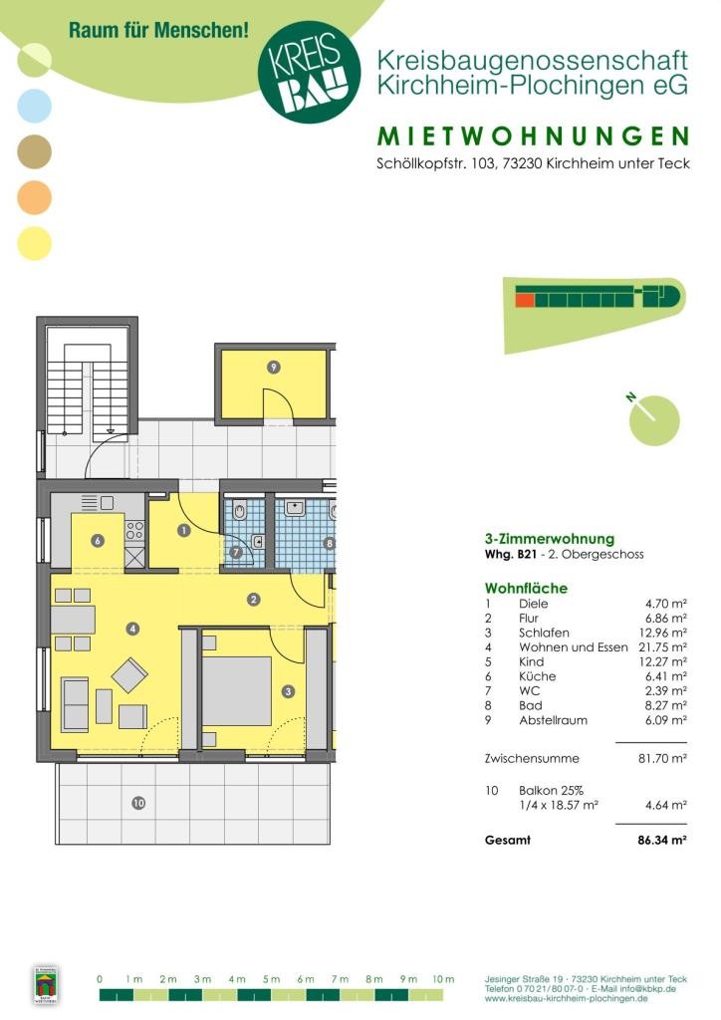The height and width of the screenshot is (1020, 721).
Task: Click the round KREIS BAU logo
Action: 309,71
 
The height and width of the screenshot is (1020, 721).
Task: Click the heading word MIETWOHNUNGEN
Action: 533,135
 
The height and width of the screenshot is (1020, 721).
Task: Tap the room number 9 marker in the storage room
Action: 274,368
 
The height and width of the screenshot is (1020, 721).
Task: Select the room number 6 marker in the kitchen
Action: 98,541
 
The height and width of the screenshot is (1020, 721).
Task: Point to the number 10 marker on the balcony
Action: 138,804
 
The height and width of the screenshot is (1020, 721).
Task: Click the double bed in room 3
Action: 236,691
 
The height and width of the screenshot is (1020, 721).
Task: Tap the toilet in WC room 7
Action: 239,512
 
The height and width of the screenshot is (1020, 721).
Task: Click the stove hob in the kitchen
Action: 134,530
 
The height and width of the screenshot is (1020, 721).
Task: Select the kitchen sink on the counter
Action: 98,503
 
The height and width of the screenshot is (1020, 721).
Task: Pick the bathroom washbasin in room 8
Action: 295,507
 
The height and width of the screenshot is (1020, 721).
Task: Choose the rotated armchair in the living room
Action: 129,675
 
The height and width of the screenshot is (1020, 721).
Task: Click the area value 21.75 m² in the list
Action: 662,647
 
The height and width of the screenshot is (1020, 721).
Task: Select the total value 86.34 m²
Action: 662,840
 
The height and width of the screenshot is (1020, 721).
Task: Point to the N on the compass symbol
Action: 631,396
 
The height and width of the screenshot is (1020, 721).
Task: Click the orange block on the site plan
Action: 525,299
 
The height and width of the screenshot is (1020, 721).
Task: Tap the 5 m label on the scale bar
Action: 271,979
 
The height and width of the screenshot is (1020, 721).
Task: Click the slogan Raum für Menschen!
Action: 158,30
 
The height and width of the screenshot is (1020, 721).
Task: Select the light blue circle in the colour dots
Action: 34,106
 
